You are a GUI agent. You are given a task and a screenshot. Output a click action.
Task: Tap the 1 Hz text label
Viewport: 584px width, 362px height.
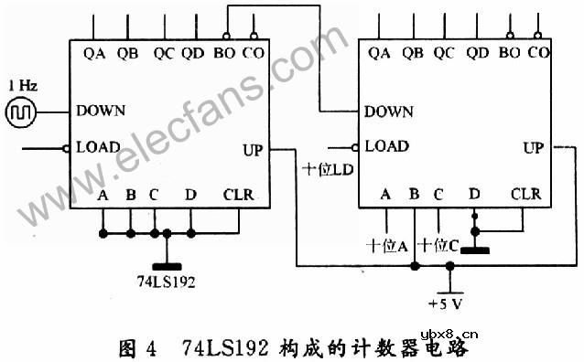point(22,85)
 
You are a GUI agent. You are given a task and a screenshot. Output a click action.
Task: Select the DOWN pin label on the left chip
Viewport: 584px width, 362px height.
point(101,111)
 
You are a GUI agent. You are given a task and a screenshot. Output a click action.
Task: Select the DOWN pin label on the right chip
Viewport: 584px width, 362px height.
point(389,112)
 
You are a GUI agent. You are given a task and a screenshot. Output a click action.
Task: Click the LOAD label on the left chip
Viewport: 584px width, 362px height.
point(98,146)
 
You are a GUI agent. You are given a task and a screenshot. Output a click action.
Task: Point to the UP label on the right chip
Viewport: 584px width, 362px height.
point(533,146)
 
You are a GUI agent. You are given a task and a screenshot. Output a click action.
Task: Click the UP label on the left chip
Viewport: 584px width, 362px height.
point(254,149)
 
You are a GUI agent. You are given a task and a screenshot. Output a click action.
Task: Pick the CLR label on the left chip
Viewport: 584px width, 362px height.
point(238,194)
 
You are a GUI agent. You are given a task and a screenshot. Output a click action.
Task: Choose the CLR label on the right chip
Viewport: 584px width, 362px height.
point(525,194)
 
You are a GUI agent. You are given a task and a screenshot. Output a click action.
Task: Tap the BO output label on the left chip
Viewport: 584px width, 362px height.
point(223,53)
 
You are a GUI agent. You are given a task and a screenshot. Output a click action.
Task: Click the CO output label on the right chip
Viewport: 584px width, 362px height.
point(539,53)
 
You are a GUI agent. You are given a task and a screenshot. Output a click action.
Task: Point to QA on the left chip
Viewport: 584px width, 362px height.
point(94,53)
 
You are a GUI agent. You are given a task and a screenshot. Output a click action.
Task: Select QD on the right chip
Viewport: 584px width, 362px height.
point(477,53)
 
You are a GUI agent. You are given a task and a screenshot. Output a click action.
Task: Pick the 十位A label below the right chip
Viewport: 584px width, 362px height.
point(386,245)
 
